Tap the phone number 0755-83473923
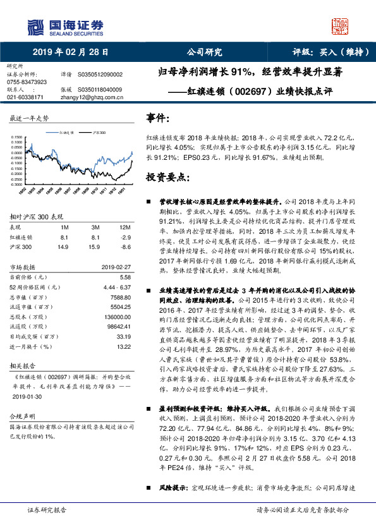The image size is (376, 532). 27,82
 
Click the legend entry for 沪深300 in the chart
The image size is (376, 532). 100,133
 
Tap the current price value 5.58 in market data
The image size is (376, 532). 125,277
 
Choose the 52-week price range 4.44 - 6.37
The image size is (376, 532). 116,287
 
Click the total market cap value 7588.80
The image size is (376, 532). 119,298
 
